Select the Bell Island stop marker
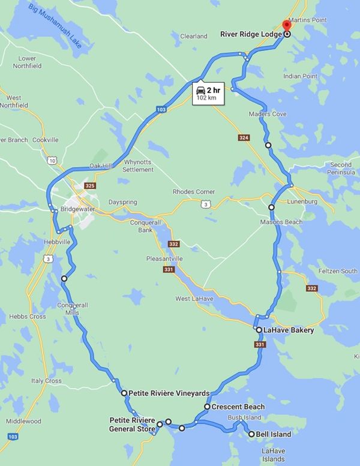coord(251,434)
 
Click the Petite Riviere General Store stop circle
coord(160,425)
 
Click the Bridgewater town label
coord(77,209)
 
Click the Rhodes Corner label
coord(191,192)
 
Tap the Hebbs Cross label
coord(28,316)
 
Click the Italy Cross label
coord(46,381)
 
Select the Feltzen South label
coord(338,271)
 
